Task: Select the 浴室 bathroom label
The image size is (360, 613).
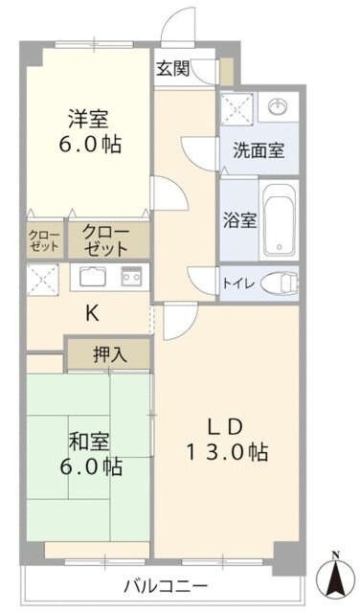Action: point(239,219)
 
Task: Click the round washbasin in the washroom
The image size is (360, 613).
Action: point(278,105)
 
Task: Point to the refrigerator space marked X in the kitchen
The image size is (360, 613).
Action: point(42,279)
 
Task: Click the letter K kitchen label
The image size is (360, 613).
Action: point(92,313)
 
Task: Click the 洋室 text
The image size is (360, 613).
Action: point(87,121)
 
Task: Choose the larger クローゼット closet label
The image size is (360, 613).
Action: point(104,239)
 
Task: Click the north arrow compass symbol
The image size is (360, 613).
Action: point(335,575)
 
